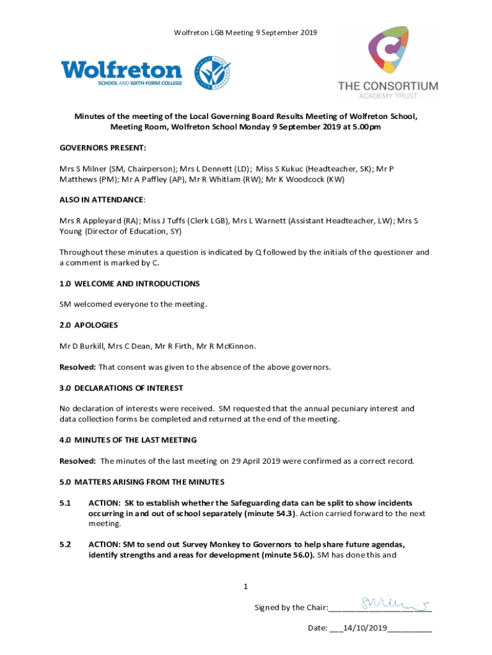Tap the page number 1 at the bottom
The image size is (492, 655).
click(245, 587)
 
